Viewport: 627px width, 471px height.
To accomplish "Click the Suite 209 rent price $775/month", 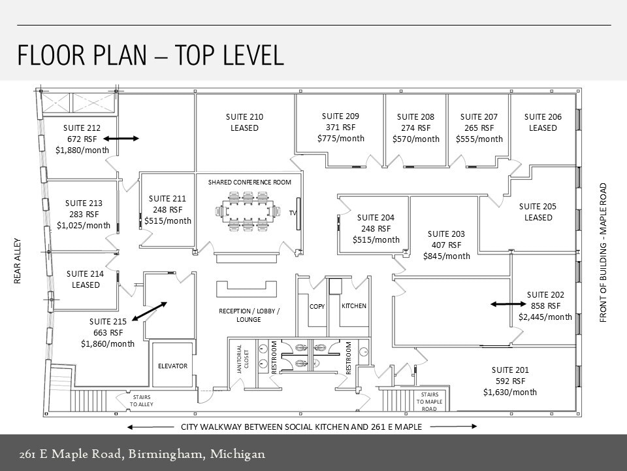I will click(340, 139).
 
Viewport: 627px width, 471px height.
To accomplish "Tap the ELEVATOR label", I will click(172, 366).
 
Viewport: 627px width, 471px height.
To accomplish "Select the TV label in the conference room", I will click(293, 213).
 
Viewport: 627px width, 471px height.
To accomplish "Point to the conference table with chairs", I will click(247, 211).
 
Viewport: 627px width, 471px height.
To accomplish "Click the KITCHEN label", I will click(354, 306).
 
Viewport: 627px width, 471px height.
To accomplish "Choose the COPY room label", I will click(317, 306).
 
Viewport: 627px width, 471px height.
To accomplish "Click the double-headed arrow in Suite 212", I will click(121, 139).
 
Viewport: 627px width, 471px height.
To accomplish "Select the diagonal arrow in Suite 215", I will click(150, 311).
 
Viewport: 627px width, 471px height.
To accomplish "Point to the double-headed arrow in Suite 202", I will click(507, 304).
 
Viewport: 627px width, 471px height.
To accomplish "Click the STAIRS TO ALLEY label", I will click(141, 400).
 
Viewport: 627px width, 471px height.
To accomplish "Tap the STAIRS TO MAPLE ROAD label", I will click(429, 402).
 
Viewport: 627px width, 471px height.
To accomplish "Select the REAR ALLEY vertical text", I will click(18, 260).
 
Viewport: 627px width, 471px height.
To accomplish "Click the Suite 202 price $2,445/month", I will click(545, 317).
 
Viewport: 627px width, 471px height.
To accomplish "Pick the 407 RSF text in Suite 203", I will click(446, 245).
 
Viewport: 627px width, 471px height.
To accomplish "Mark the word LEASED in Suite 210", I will click(244, 128).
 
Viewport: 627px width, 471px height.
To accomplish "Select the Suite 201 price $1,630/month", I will click(510, 392).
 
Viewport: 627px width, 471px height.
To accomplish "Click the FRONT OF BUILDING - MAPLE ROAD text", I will click(603, 252).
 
